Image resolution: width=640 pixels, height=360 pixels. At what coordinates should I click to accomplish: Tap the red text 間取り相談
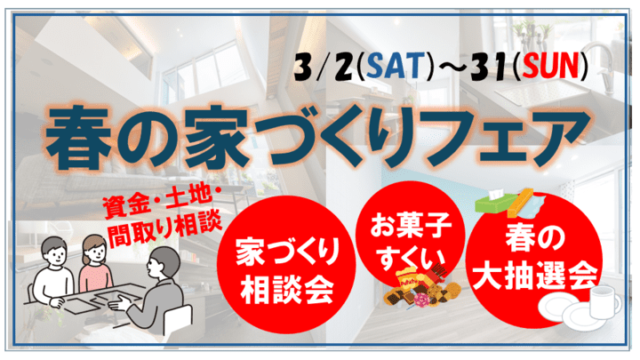[x=164, y=229]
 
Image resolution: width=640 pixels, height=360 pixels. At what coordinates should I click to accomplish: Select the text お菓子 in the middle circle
[x=411, y=226]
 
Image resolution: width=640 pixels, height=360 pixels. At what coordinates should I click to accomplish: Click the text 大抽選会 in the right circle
[x=535, y=276]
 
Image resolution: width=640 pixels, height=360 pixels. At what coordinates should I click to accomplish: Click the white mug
[x=605, y=302]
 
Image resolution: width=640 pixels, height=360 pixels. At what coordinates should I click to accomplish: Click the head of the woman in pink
[x=94, y=250]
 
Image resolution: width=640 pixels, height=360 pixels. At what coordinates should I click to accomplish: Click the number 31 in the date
[x=490, y=66]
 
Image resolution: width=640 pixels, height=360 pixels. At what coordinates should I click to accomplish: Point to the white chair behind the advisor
[x=179, y=319]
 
